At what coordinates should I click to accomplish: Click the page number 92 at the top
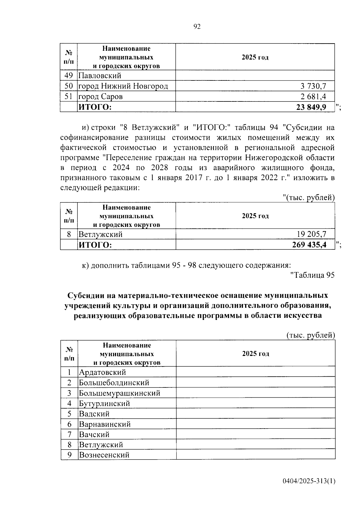(197, 27)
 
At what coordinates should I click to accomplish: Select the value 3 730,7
(313, 86)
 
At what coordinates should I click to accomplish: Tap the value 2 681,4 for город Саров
(313, 97)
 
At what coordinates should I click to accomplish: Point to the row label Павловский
(100, 76)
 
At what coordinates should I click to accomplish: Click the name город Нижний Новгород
(123, 86)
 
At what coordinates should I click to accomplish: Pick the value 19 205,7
(311, 234)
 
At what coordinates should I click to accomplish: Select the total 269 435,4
(309, 245)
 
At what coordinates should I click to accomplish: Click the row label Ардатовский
(102, 372)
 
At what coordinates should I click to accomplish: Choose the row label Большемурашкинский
(119, 393)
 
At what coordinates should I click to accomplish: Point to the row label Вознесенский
(104, 455)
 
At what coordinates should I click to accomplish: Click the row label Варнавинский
(105, 424)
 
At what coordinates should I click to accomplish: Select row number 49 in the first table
(69, 76)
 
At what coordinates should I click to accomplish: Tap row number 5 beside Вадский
(69, 414)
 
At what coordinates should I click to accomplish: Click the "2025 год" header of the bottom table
(255, 354)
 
